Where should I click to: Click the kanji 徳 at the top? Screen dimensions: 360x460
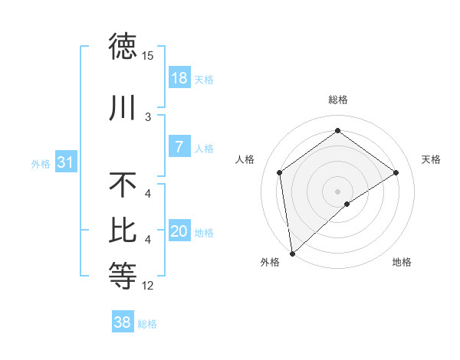pos(123,47)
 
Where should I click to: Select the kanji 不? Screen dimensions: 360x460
pos(123,185)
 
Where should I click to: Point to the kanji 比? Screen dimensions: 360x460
pos(123,229)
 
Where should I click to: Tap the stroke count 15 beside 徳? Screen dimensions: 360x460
pos(148,56)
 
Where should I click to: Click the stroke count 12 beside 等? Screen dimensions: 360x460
pos(148,286)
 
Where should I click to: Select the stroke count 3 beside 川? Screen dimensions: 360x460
pos(148,116)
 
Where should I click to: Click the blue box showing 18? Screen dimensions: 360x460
pos(179,78)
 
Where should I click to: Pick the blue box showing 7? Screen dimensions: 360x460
pos(179,147)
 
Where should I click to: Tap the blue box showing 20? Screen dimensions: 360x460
pos(179,231)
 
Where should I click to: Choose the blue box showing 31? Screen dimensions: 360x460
pos(64,162)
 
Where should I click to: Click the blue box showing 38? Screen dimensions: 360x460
pos(123,322)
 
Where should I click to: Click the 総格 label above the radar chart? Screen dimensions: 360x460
pos(337,100)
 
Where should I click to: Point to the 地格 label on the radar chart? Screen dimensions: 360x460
pos(402,263)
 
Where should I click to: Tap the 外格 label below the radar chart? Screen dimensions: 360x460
pos(270,263)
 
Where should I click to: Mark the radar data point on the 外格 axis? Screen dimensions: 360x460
pos(292,253)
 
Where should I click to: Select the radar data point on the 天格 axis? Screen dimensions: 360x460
pos(396,172)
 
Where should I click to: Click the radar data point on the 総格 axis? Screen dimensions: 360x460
pos(337,132)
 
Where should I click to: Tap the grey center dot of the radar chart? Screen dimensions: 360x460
pos(337,190)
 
